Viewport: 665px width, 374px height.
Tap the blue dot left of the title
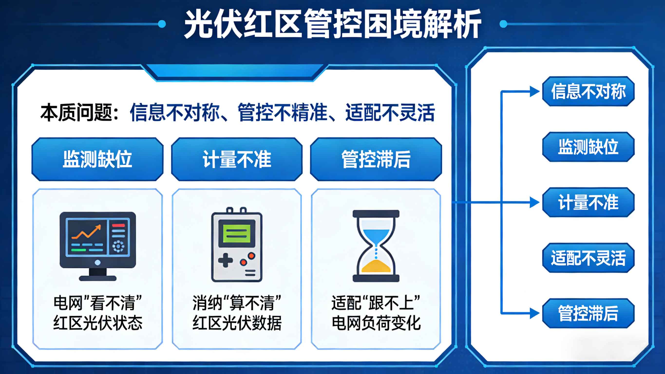[x=162, y=24]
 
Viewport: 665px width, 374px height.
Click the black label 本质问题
[x=76, y=112]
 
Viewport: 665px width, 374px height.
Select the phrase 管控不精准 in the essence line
[x=282, y=112]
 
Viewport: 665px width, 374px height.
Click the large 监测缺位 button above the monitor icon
[x=97, y=159]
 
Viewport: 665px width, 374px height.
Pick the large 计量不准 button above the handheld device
[x=237, y=159]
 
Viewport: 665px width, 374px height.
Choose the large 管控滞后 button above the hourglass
[x=376, y=159]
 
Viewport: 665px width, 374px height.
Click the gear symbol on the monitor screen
[x=118, y=246]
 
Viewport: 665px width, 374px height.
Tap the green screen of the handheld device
[x=237, y=233]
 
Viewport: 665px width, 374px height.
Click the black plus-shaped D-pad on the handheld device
[x=226, y=260]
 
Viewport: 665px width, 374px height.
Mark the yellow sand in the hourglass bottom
[x=376, y=266]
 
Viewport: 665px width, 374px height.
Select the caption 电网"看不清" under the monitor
[x=98, y=303]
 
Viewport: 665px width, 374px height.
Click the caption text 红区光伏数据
[x=237, y=323]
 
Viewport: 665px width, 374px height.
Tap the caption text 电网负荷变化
[x=376, y=323]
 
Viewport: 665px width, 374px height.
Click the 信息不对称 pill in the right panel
[x=588, y=91]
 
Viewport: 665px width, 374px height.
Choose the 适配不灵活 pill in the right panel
[x=588, y=258]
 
